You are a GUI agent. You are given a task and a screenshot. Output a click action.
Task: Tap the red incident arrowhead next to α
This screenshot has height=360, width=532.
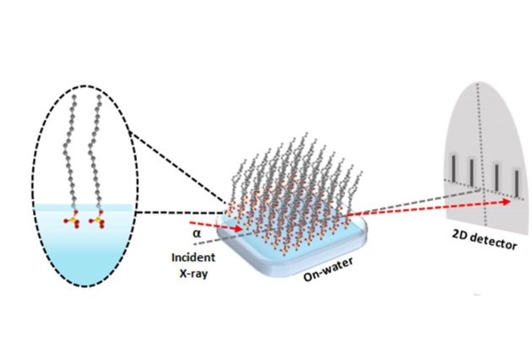tap(242, 229)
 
